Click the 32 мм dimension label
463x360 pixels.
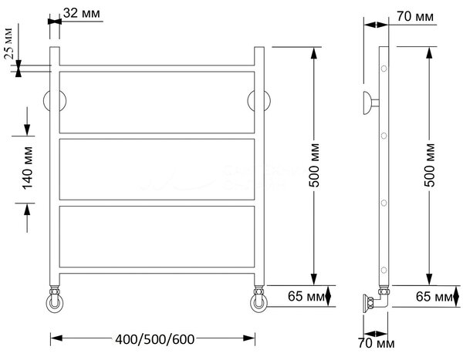[82, 13]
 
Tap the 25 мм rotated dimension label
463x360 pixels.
[8, 44]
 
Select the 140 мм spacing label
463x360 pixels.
[28, 168]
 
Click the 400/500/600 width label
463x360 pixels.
[155, 339]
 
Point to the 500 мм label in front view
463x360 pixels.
[314, 165]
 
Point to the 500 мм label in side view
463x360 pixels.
[430, 165]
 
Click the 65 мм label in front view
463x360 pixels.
[306, 296]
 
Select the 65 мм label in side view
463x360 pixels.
[434, 297]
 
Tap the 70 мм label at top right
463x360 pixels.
[415, 16]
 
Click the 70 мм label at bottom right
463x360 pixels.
[377, 343]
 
